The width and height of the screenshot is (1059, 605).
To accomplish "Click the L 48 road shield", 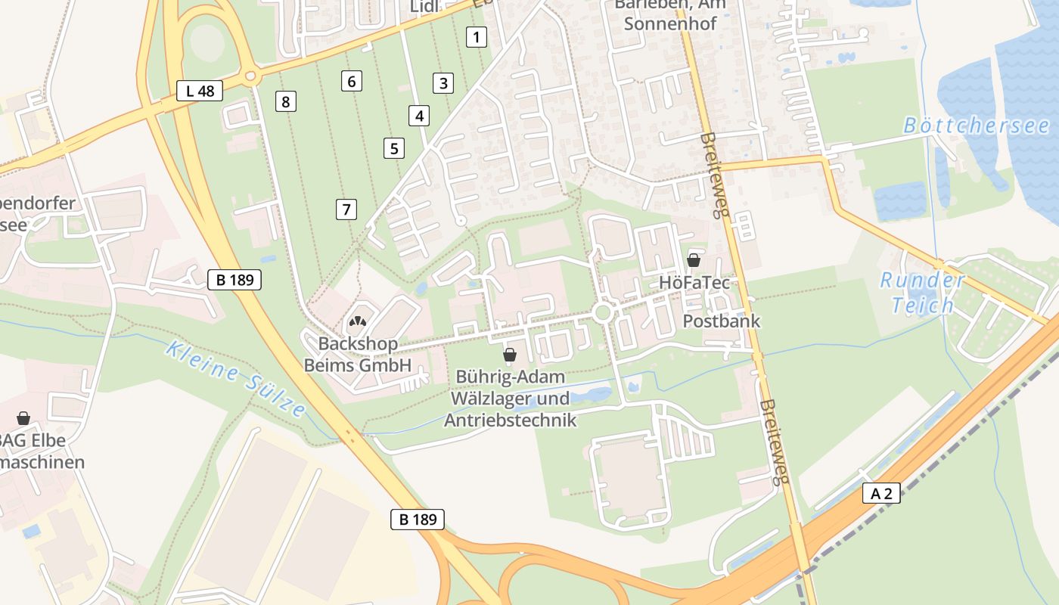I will click(200, 91).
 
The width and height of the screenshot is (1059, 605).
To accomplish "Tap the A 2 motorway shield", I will click(881, 494).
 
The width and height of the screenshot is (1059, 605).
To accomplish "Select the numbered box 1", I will click(476, 36).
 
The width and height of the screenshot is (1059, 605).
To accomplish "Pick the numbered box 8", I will click(285, 101).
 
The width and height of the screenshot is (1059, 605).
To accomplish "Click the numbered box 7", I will click(346, 209).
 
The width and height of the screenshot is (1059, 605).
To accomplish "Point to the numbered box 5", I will click(393, 148).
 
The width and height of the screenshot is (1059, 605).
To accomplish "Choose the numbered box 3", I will click(443, 83).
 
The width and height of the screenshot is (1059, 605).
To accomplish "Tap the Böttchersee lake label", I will click(976, 126).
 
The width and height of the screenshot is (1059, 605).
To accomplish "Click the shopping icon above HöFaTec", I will click(693, 261).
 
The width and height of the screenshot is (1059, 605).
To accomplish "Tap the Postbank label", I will click(721, 321).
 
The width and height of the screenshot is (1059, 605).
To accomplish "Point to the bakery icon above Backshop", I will click(357, 323).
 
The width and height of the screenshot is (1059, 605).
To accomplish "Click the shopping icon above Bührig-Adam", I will click(510, 355).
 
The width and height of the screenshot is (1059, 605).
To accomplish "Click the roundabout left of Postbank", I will click(603, 312).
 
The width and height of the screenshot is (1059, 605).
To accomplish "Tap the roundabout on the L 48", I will click(252, 76).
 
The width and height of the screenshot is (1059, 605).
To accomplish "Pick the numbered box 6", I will click(351, 81).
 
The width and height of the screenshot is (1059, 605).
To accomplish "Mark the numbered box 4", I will click(418, 116).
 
